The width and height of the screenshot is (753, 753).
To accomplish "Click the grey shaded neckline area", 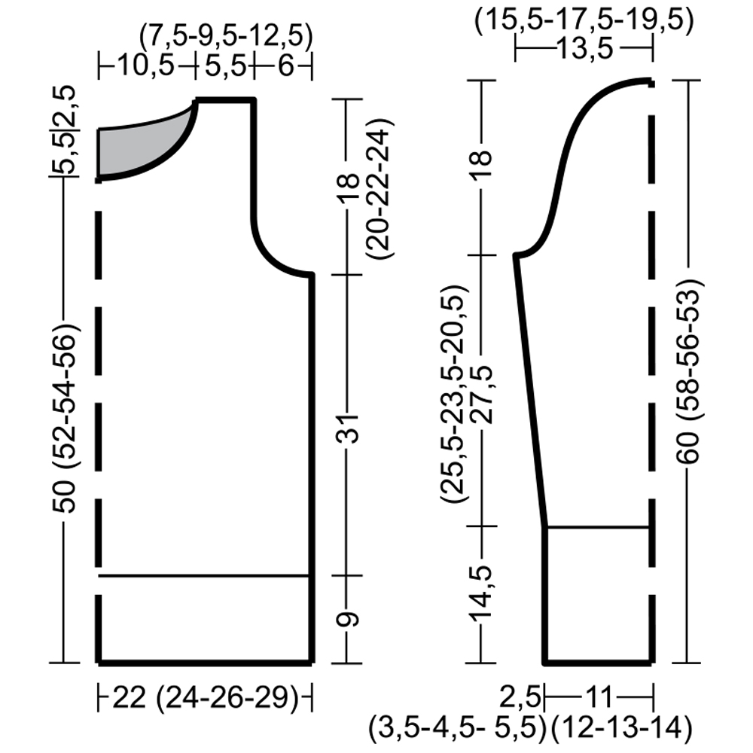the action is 139,144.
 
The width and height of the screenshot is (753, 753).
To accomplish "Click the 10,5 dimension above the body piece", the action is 146,66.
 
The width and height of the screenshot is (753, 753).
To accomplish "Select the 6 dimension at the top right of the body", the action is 285,66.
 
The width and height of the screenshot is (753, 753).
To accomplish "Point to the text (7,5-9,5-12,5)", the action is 226,36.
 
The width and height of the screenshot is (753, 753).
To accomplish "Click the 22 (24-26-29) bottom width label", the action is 206,698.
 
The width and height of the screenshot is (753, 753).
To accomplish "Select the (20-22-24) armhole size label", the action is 380,189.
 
